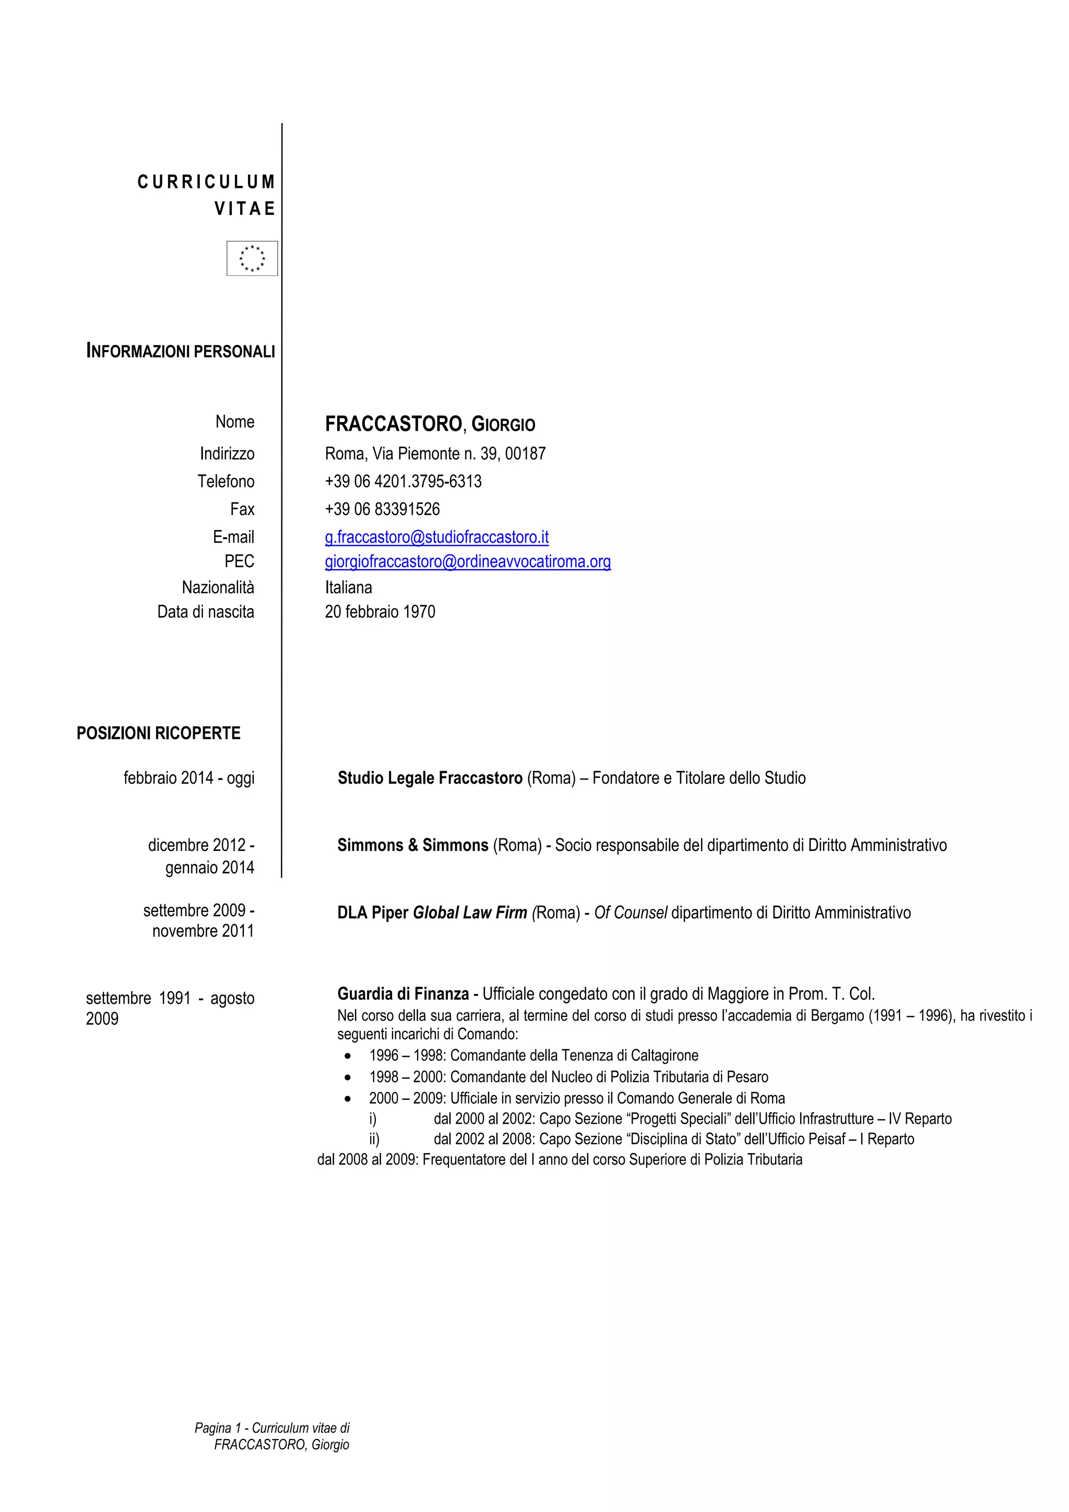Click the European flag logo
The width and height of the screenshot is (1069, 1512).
252,258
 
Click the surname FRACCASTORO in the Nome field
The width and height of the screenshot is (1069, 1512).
393,425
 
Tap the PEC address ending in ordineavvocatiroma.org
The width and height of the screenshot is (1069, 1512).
467,562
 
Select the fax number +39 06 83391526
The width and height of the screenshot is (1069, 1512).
382,509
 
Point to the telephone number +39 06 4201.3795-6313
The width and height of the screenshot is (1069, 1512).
402,482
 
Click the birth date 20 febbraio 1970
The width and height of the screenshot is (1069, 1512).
379,612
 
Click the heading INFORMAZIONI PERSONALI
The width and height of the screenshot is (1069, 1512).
181,352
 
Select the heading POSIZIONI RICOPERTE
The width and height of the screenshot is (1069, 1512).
158,733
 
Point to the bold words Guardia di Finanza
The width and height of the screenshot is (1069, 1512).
402,994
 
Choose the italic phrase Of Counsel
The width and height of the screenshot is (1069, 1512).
631,913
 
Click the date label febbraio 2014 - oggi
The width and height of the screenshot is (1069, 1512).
188,778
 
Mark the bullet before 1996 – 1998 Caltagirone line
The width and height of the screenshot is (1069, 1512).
348,1055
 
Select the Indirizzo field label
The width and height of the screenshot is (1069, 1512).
227,454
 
